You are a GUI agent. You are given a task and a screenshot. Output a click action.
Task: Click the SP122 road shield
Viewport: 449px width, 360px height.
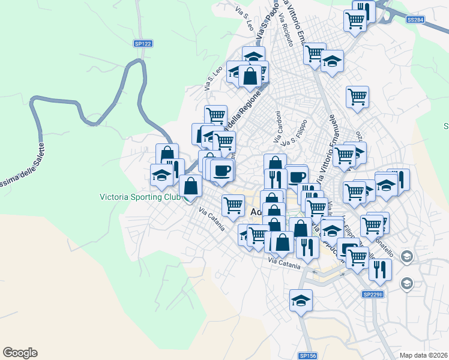pos(143,43)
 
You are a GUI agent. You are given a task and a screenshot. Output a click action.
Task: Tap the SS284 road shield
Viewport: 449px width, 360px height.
pos(415,20)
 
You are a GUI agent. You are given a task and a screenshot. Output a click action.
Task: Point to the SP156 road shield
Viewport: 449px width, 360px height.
pos(307,356)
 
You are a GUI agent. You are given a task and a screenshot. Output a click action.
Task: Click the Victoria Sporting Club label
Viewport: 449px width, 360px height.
pos(140,196)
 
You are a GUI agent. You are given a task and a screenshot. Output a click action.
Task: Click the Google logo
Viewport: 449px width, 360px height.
pos(20,353)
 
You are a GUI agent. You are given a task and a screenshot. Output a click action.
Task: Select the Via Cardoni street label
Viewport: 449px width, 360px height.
pos(278,127)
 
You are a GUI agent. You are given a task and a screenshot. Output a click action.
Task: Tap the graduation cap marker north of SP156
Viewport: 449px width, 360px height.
pos(301,300)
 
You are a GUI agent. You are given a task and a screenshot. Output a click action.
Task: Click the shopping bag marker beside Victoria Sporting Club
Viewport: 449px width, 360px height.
pos(190,186)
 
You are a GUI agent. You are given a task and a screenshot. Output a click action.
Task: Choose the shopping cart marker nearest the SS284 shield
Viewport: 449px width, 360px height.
pos(355,20)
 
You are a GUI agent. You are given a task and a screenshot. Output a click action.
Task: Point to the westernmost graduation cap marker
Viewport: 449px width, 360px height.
pos(161,175)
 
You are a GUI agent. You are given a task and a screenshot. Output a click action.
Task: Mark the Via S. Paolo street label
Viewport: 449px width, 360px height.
pos(265,26)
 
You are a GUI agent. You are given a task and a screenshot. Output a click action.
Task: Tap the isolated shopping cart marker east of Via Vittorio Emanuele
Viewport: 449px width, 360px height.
pos(357,96)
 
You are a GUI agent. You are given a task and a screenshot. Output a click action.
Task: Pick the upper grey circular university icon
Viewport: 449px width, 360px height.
pos(406,257)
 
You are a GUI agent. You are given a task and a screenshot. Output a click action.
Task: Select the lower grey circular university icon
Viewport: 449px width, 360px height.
pos(406,283)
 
